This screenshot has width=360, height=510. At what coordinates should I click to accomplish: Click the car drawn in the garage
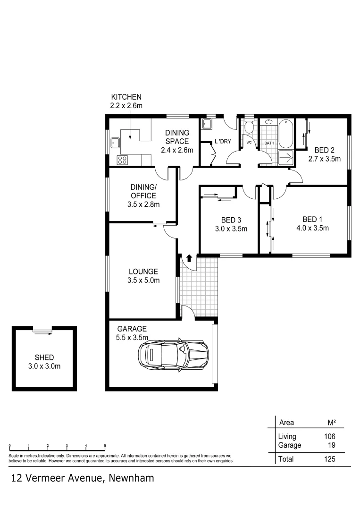(x=173, y=353)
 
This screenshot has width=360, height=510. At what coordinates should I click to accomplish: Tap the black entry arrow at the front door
(x=189, y=258)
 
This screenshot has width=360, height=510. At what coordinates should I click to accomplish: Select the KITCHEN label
(x=126, y=97)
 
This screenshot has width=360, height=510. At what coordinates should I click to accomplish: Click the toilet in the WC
(x=249, y=128)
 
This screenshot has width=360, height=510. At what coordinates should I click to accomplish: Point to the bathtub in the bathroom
(x=286, y=134)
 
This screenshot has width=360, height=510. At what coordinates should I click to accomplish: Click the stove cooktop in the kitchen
(x=122, y=160)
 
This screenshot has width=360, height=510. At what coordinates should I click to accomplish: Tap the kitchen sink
(x=115, y=143)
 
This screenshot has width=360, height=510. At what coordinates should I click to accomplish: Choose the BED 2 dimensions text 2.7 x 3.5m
(x=324, y=159)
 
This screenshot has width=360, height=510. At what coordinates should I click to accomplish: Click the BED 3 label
(x=231, y=220)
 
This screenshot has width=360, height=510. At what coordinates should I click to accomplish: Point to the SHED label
(x=44, y=357)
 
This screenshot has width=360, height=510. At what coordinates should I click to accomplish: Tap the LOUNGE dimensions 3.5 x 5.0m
(x=143, y=280)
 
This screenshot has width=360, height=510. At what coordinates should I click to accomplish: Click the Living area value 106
(x=329, y=437)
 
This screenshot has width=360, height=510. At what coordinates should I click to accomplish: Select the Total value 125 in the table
(x=329, y=459)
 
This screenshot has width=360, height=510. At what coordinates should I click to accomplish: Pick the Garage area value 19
(x=332, y=445)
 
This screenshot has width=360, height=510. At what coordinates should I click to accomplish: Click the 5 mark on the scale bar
(x=105, y=446)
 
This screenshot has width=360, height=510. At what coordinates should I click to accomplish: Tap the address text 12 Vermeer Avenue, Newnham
(x=83, y=477)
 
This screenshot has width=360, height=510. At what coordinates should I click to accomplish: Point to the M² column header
(x=331, y=422)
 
